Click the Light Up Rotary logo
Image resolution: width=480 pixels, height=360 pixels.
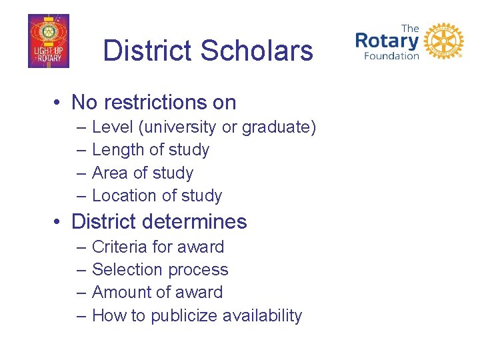point(48,41)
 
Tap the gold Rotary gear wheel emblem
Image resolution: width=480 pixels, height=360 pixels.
point(443,42)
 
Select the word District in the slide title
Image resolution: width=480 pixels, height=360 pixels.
point(147,51)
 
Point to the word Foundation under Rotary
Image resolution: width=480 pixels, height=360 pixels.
point(391,56)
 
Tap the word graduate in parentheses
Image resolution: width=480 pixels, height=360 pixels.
point(277,127)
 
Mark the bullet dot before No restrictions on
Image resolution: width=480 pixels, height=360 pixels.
point(59,103)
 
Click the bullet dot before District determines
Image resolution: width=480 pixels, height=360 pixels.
point(59,222)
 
